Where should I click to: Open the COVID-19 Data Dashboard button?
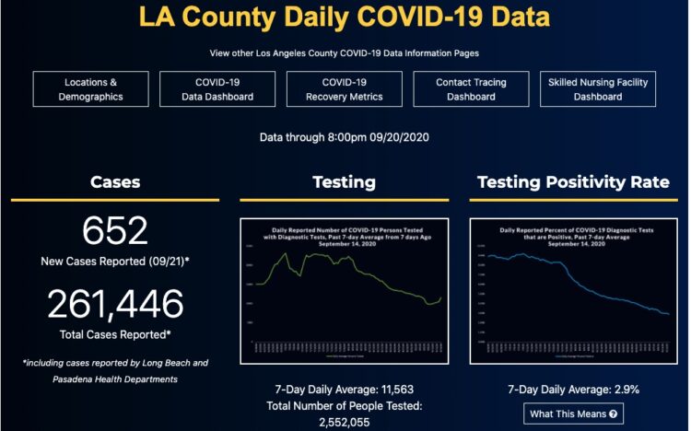click(x=218, y=89)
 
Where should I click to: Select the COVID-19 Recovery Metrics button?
click(x=345, y=89)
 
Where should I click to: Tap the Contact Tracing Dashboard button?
click(x=470, y=89)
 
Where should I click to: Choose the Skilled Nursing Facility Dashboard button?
click(x=597, y=89)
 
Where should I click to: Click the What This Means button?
click(x=573, y=414)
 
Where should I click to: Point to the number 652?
click(x=115, y=231)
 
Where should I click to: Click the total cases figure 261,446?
click(x=115, y=304)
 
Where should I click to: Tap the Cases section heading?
click(x=115, y=182)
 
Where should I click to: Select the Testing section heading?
click(x=344, y=182)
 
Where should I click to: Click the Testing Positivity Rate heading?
click(x=573, y=182)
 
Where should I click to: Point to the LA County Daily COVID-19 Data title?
click(x=345, y=17)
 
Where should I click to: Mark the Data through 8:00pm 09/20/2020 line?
click(x=345, y=137)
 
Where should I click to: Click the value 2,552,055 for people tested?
click(x=344, y=423)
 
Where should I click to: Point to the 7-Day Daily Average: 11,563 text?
click(x=344, y=389)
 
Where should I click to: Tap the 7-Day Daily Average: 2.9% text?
click(x=573, y=389)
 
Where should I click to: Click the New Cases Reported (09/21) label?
click(x=115, y=262)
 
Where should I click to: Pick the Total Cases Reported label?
click(x=115, y=333)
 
